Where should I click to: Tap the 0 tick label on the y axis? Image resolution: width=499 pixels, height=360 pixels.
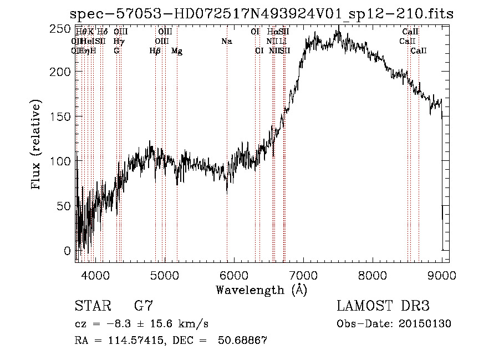pyautogui.click(x=68, y=251)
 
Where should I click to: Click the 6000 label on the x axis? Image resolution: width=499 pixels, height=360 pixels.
pyautogui.click(x=233, y=275)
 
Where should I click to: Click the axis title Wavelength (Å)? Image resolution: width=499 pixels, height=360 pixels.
pyautogui.click(x=261, y=290)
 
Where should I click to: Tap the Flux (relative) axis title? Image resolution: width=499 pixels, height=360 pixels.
pyautogui.click(x=37, y=146)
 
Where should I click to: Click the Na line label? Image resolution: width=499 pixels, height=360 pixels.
pyautogui.click(x=226, y=42)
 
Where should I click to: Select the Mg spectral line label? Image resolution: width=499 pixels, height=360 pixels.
pyautogui.click(x=176, y=51)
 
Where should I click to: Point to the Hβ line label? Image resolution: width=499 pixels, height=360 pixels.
pyautogui.click(x=155, y=51)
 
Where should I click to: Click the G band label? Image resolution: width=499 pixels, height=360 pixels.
pyautogui.click(x=116, y=51)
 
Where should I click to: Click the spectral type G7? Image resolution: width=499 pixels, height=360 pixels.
pyautogui.click(x=144, y=306)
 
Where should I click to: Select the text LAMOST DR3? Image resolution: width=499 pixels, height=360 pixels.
pyautogui.click(x=383, y=306)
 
